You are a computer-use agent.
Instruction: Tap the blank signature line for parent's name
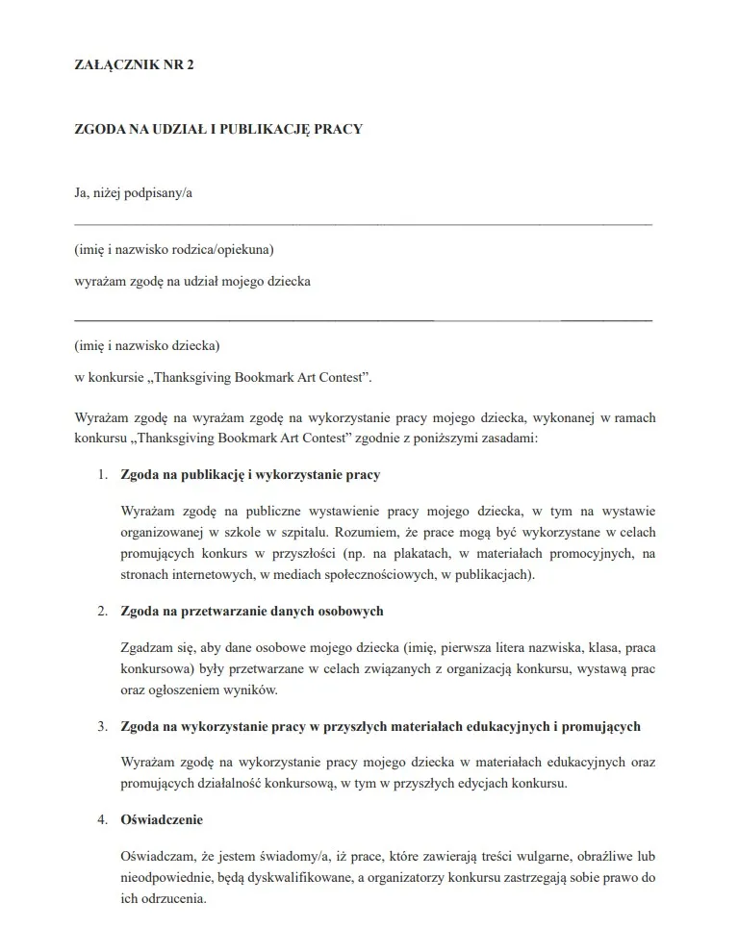(x=363, y=224)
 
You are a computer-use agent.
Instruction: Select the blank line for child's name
(x=363, y=318)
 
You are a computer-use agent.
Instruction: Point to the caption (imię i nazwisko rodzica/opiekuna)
(x=174, y=250)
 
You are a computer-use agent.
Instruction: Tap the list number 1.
(x=102, y=475)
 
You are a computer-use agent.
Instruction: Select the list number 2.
(x=102, y=611)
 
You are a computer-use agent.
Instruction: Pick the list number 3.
(x=102, y=726)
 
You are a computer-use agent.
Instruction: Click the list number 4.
(x=102, y=820)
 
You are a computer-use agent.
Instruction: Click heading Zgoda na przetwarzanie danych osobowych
(x=253, y=611)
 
